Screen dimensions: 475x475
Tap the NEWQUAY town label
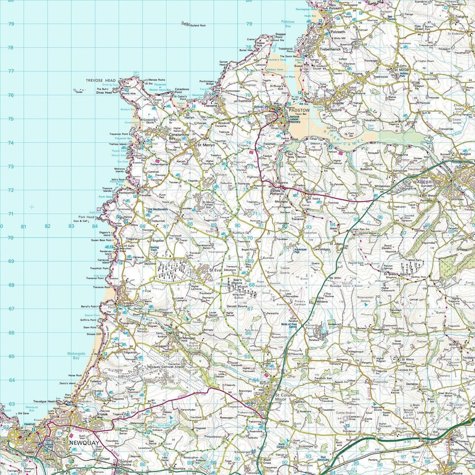tap(83, 442)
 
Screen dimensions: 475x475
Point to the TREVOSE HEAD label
tap(101, 80)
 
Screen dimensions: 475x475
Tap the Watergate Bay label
tap(73, 355)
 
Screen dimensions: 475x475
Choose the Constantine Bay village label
tap(179, 137)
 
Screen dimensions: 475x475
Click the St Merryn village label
tap(206, 145)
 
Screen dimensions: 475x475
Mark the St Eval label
tap(215, 270)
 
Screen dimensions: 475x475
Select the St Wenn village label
tap(408, 359)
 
